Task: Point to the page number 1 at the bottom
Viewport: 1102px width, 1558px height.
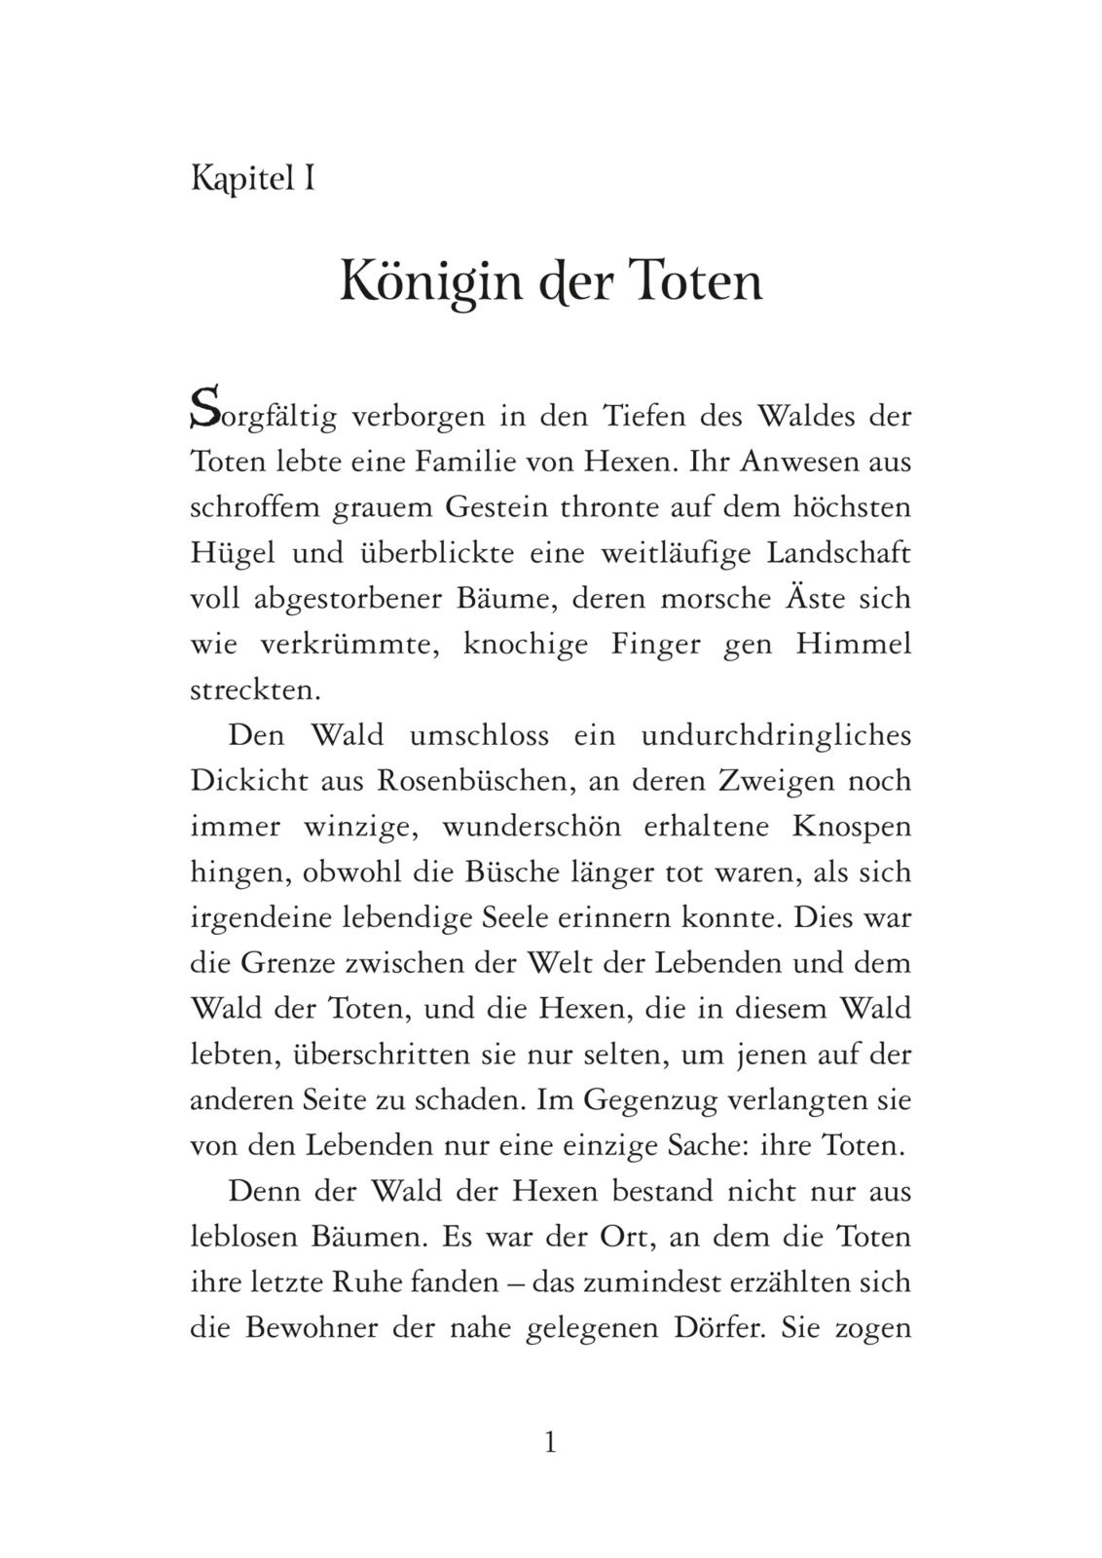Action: click(550, 1442)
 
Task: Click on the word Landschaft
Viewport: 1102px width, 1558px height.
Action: click(839, 553)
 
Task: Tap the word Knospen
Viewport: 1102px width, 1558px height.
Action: click(852, 826)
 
